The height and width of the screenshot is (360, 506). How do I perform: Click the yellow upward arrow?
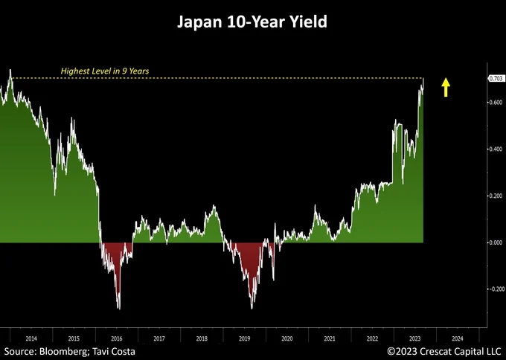(x=446, y=89)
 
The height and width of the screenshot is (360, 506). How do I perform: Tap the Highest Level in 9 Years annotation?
(x=105, y=71)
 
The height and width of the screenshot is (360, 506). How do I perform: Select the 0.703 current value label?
(x=496, y=78)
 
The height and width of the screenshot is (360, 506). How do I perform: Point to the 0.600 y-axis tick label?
(x=496, y=102)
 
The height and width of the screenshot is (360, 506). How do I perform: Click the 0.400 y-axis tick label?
(x=496, y=149)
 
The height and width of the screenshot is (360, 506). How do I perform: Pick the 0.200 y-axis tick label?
(x=496, y=196)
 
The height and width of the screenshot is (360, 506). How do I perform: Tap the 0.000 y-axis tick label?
(x=496, y=242)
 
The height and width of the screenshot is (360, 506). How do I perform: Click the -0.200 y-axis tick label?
(x=496, y=289)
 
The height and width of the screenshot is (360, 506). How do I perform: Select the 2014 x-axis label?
(x=31, y=338)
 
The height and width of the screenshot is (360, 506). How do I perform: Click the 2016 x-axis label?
(x=116, y=338)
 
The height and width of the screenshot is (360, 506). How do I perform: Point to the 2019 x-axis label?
(x=243, y=338)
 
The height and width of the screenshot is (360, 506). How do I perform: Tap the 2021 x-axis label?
(x=329, y=338)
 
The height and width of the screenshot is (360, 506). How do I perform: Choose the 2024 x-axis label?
(x=457, y=338)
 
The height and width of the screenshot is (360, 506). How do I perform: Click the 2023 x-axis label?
(x=414, y=338)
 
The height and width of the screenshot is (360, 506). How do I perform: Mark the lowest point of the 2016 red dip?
(x=119, y=308)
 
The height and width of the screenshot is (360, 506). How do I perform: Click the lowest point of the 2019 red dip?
(x=252, y=308)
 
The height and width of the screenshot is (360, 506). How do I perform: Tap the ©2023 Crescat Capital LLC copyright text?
(x=443, y=350)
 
